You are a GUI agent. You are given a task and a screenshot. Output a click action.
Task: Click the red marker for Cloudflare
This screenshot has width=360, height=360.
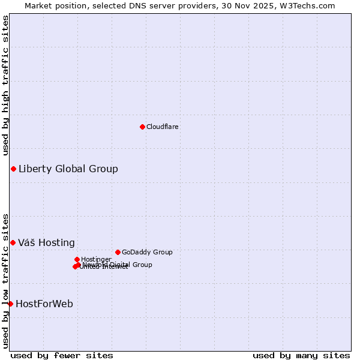pyautogui.click(x=142, y=127)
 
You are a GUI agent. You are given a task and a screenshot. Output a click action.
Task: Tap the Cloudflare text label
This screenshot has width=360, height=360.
pyautogui.click(x=163, y=127)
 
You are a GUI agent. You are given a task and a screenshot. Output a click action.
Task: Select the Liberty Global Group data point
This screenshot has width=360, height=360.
pyautogui.click(x=13, y=169)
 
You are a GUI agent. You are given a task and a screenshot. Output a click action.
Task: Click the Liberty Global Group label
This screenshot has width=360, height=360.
pyautogui.click(x=68, y=169)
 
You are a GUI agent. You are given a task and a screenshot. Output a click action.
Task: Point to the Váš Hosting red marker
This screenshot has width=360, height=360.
pyautogui.click(x=13, y=242)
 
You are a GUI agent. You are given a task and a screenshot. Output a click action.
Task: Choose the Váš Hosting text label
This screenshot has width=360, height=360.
pyautogui.click(x=46, y=243)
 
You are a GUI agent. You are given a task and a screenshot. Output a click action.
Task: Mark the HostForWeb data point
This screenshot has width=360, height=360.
pyautogui.click(x=10, y=304)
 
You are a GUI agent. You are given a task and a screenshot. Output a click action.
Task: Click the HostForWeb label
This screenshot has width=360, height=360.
pyautogui.click(x=44, y=304)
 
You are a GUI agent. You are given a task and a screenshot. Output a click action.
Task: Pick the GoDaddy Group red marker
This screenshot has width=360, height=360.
pyautogui.click(x=118, y=252)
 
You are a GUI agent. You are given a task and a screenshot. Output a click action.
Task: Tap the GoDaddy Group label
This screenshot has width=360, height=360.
pyautogui.click(x=147, y=252)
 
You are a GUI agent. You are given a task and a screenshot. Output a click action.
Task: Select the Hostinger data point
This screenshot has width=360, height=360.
pyautogui.click(x=77, y=259)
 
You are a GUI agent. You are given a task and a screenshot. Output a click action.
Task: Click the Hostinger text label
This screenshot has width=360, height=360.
pyautogui.click(x=97, y=259)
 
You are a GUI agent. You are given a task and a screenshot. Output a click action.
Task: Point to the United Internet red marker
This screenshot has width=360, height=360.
pyautogui.click(x=75, y=266)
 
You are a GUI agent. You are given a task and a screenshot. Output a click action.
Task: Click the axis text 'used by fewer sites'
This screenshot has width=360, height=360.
pyautogui.click(x=62, y=355)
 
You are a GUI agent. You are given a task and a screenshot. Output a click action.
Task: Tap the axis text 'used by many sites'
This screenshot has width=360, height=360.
pyautogui.click(x=301, y=355)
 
